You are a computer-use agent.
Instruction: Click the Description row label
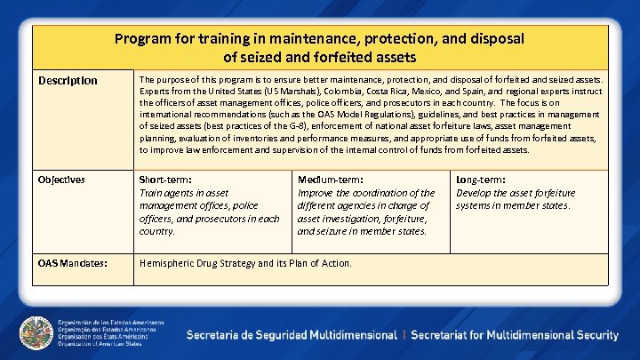pos(68,81)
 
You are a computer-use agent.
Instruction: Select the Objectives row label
pos(61,180)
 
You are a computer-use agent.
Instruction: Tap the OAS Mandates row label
pos(73,263)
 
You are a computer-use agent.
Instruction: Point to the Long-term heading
pos(481,180)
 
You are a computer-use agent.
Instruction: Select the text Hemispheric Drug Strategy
pos(196,263)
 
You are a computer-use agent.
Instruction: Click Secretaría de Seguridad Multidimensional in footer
pos(292,335)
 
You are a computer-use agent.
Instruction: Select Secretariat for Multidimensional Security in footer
pos(515,335)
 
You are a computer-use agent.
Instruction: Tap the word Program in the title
pos(141,39)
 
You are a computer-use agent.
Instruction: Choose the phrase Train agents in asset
pos(184,193)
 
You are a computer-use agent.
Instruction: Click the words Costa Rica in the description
pos(380,91)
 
